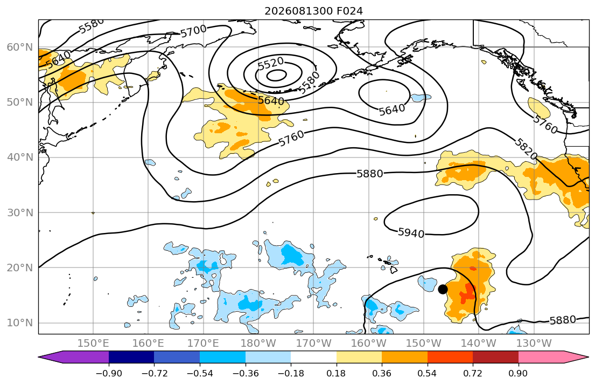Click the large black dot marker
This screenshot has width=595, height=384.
pos(443,289)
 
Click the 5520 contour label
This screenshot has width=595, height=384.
pos(270,63)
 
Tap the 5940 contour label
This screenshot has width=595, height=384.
pos(411,232)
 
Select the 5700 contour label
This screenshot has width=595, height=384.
pos(193,31)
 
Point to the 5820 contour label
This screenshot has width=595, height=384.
pos(526,149)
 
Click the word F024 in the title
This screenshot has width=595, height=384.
pos(349,11)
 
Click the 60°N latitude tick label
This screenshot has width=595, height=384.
pos(20,47)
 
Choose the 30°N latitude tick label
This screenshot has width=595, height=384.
pos(20,212)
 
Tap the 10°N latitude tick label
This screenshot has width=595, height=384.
pos(20,323)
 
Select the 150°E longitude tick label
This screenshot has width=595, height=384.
pos(93,344)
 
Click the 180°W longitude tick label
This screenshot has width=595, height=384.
pos(258,344)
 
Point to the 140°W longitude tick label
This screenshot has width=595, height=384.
pos(479,344)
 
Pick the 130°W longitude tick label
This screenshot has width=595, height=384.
pos(534,344)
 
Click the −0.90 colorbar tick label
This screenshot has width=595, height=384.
pos(109,373)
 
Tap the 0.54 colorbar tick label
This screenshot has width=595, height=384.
pos(428,373)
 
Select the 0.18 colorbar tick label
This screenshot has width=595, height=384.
pos(336,373)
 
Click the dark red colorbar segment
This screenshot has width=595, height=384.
pos(495,357)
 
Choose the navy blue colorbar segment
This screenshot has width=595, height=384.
pos(131,357)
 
